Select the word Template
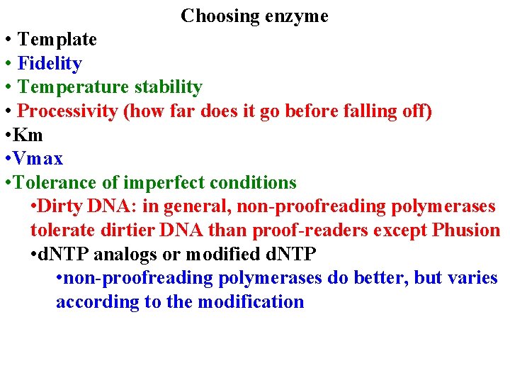point(57,39)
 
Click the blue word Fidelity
point(50,63)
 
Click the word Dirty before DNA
point(61,206)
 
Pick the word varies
point(474,277)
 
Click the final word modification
point(251,301)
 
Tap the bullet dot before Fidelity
point(7,64)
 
